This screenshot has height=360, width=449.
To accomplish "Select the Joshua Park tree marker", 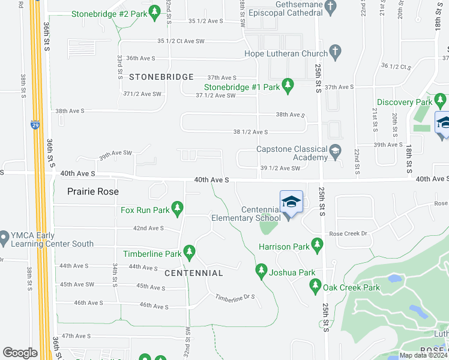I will pos(261,272).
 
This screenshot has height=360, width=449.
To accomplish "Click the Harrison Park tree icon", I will pos(317,246).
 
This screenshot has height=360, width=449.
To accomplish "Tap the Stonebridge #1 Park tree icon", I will pos(288,86).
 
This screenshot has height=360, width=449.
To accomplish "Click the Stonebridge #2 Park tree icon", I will pos(155,13).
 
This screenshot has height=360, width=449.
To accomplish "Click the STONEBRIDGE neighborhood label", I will pos(161,77).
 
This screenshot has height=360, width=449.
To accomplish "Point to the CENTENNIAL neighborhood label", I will pos(194,273).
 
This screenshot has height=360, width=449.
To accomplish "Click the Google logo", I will pos(20,353).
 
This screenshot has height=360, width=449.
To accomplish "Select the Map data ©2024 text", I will pos(423,355).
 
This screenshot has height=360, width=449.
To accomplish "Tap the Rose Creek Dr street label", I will pos(347,234).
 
